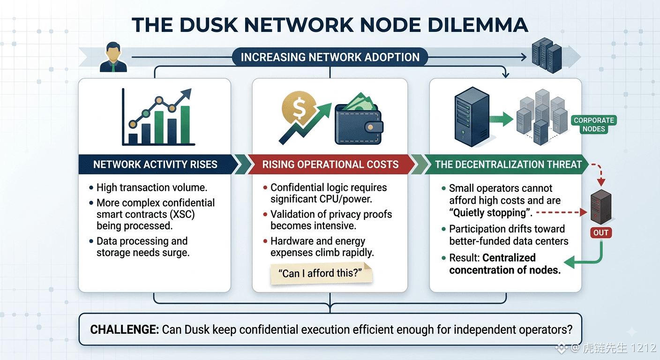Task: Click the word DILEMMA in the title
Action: (478, 25)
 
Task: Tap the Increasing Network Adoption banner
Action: (330, 57)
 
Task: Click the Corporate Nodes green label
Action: (594, 125)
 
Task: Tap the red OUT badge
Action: (601, 232)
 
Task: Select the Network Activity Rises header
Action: (155, 165)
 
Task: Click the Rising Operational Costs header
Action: (330, 165)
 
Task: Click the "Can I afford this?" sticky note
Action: (321, 274)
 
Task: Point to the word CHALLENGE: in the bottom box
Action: (125, 330)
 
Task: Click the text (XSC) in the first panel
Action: (182, 215)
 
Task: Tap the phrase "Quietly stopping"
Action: (489, 213)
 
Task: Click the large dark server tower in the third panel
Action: (472, 117)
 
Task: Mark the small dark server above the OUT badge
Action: (601, 207)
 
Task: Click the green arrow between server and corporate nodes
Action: (502, 119)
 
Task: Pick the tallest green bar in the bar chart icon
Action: (185, 125)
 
